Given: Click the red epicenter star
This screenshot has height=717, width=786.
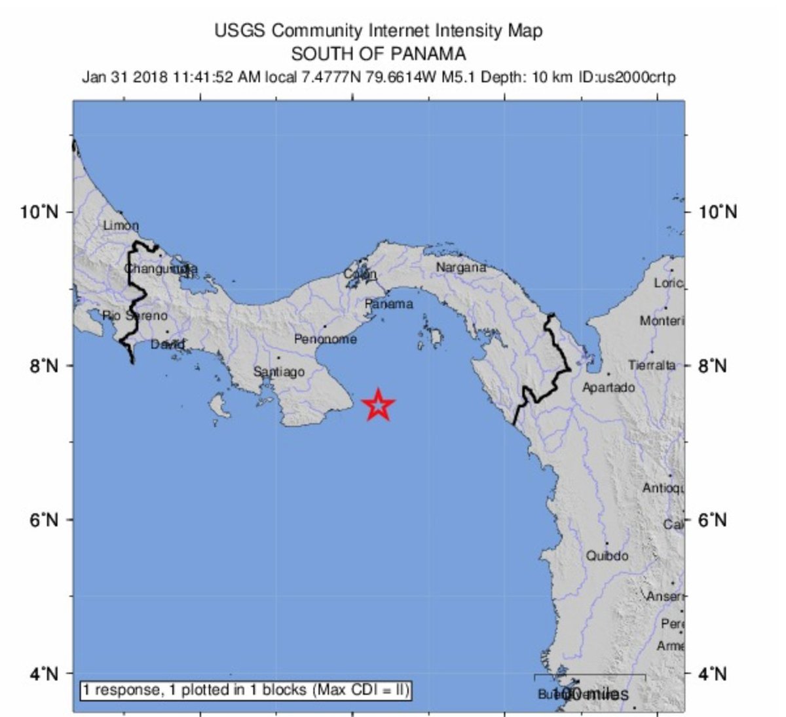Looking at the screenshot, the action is click(x=379, y=405).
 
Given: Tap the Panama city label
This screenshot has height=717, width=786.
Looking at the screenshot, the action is click(x=389, y=304).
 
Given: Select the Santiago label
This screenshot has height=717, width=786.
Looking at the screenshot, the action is click(x=279, y=372).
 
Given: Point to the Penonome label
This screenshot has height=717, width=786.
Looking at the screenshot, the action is click(x=326, y=339).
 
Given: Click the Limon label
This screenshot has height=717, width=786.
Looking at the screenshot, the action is click(x=121, y=226).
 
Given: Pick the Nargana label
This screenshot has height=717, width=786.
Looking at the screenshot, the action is click(x=461, y=267).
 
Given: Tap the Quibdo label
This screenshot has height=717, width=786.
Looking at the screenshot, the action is click(x=607, y=556).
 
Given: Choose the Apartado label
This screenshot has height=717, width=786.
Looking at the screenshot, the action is click(x=608, y=387).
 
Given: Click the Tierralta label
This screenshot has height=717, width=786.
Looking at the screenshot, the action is click(x=652, y=365).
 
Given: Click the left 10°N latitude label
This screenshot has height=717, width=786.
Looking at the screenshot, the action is click(x=39, y=212).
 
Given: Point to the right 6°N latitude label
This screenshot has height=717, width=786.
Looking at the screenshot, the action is click(x=712, y=520).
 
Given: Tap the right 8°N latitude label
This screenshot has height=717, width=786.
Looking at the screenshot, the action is click(x=712, y=366).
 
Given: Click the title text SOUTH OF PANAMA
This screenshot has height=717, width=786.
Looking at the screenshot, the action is click(x=379, y=53).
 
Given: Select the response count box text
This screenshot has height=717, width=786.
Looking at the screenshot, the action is click(x=246, y=690).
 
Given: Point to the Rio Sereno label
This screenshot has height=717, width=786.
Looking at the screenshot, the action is click(x=135, y=316).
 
